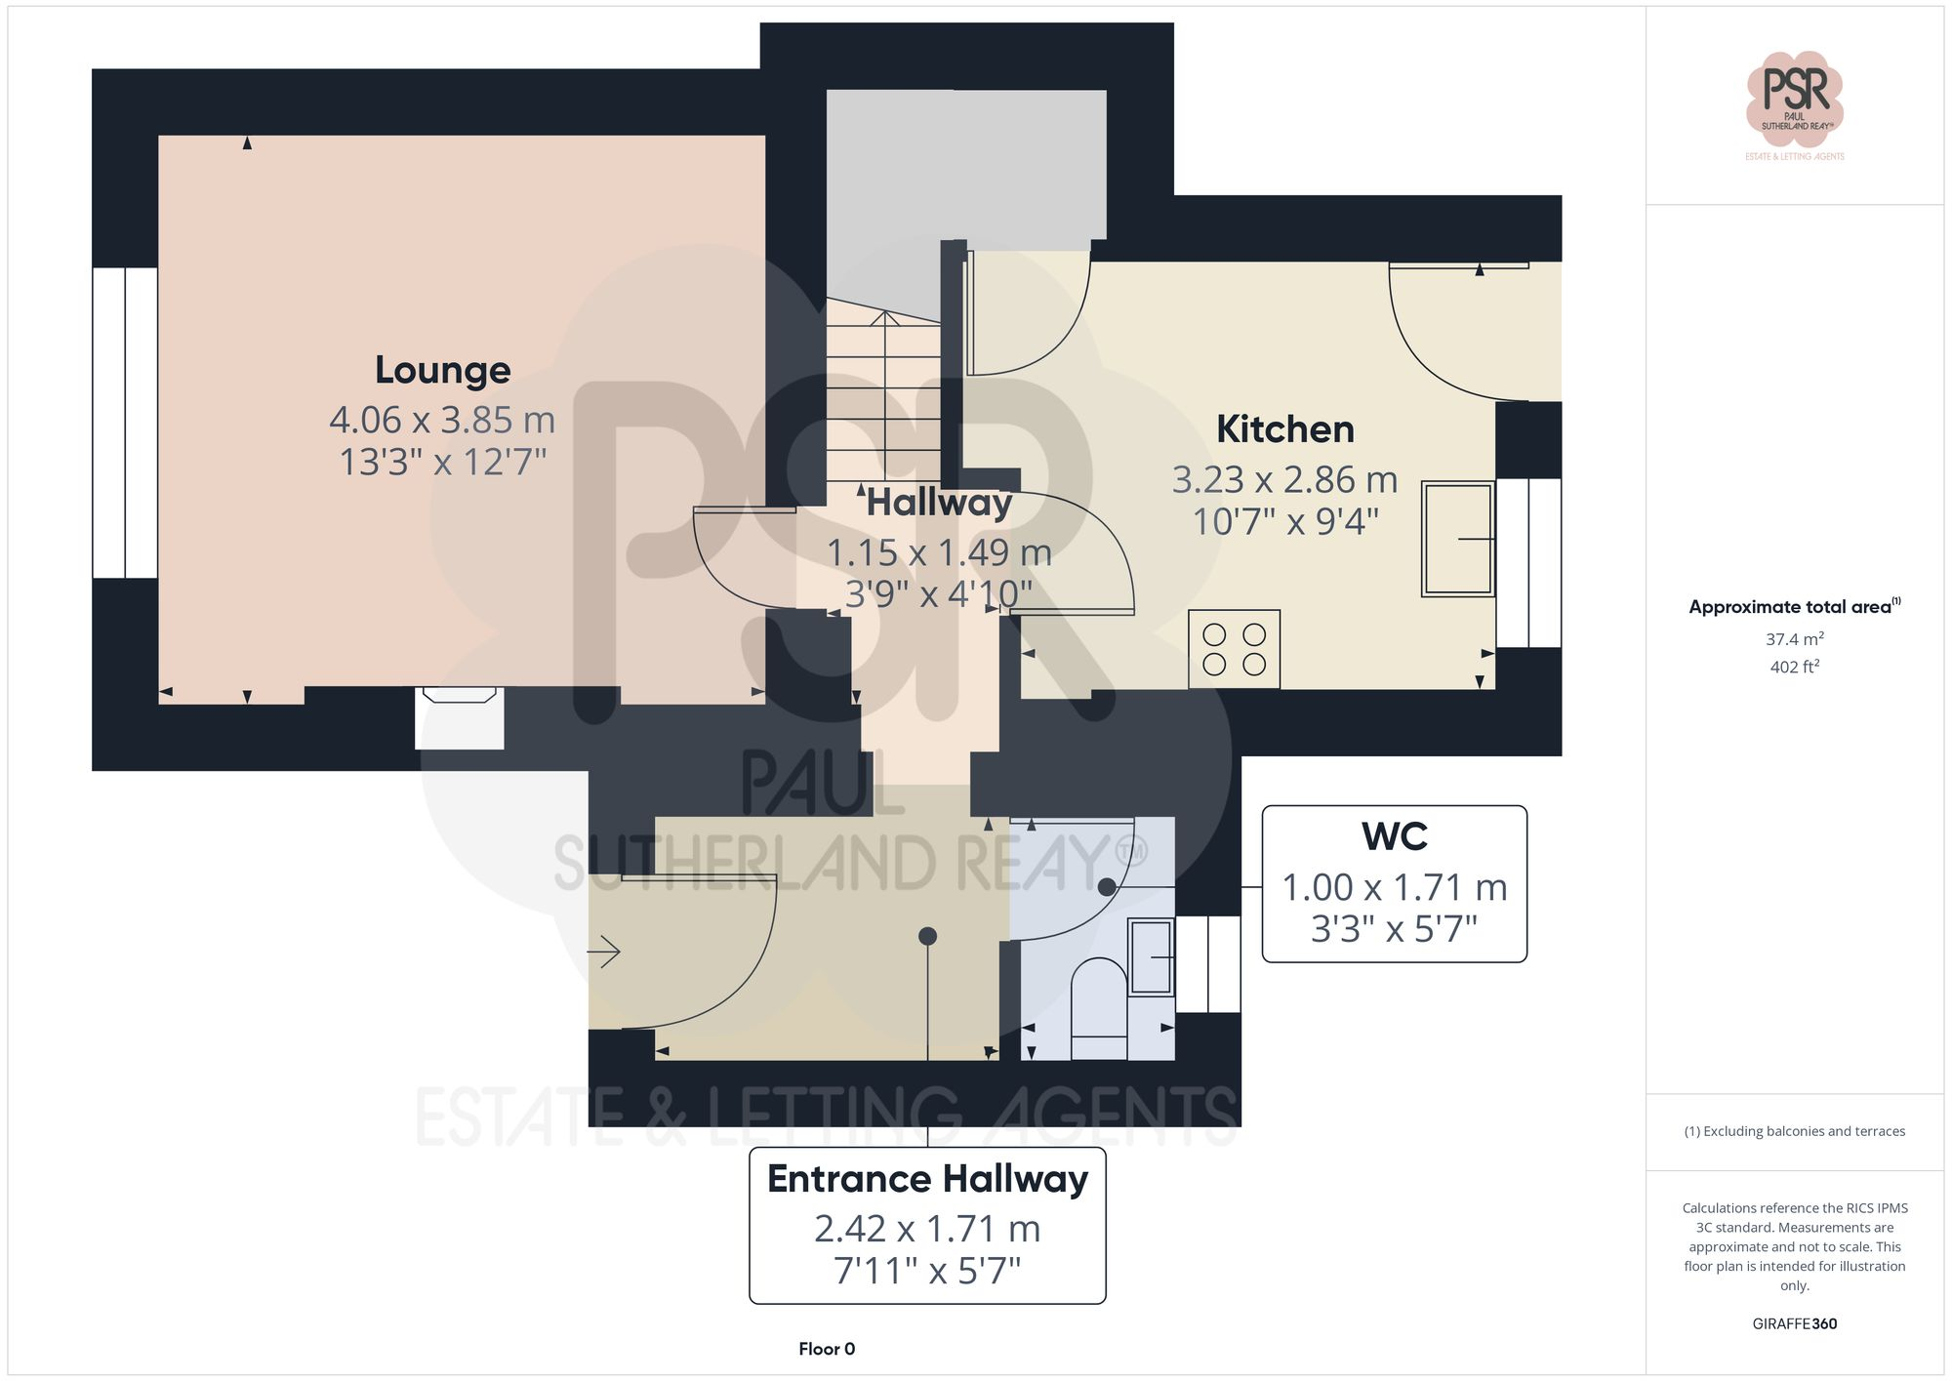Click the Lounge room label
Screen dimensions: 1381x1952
[x=442, y=370]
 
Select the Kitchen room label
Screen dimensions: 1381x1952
[x=1284, y=429]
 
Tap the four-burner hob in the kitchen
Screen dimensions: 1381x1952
[x=1234, y=649]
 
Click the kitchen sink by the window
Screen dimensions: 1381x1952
[x=1458, y=539]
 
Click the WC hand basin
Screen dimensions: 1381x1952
[x=1152, y=957]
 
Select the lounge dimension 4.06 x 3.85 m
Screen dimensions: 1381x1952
[x=442, y=420]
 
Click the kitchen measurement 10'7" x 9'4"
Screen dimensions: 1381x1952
[x=1284, y=522]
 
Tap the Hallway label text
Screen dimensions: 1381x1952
[x=939, y=503]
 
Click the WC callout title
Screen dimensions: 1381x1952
[x=1394, y=837]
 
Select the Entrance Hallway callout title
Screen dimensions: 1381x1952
[x=927, y=1179]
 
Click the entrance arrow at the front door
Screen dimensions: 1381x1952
[x=604, y=951]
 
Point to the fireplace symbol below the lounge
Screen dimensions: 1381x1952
[x=459, y=696]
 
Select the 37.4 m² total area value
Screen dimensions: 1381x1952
[x=1794, y=639]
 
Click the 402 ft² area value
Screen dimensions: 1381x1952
[x=1794, y=668]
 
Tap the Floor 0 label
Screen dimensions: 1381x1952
[x=826, y=1349]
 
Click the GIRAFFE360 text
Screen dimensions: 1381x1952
[x=1794, y=1324]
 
